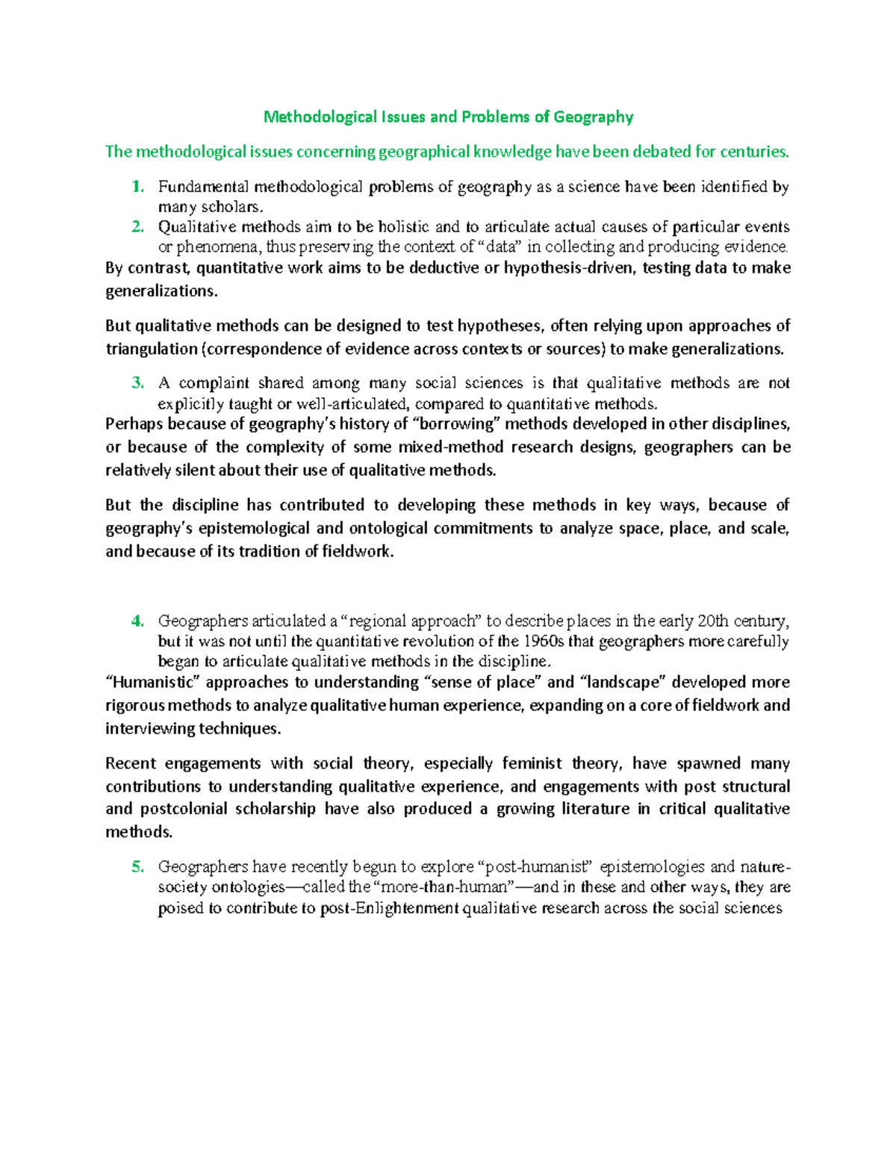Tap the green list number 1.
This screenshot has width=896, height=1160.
pyautogui.click(x=137, y=187)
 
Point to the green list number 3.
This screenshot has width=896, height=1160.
pyautogui.click(x=137, y=383)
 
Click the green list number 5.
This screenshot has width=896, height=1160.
pyautogui.click(x=137, y=866)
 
